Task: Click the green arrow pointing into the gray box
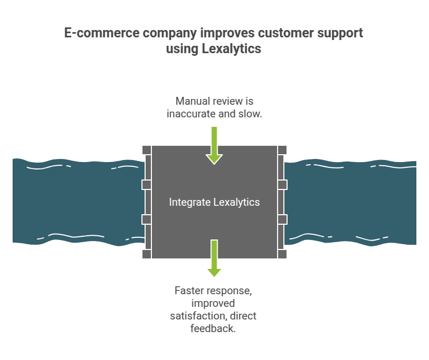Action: (214, 145)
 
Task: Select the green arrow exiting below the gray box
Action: (214, 258)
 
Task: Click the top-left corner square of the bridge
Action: (147, 150)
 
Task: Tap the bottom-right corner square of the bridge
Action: (282, 254)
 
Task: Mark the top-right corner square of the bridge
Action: (282, 150)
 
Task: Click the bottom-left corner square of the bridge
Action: (147, 254)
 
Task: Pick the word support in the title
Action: (341, 33)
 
